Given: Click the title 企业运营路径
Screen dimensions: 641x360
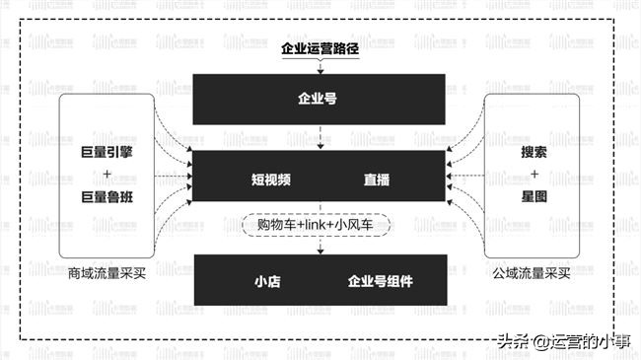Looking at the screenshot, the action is pos(319,46).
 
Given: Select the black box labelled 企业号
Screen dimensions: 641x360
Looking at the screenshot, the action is pos(319,99).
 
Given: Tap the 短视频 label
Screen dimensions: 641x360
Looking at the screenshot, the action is pos(269,180).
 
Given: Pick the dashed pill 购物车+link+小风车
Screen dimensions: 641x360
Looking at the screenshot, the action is pos(319,226).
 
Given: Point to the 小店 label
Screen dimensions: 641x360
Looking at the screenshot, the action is pos(267,281).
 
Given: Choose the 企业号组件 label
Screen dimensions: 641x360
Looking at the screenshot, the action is pos(380,281).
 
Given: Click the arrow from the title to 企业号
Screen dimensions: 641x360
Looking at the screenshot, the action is pos(319,65).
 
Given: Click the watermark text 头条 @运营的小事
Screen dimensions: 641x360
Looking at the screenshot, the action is pos(563,341).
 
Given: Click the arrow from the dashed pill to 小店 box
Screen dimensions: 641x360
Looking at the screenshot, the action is pos(319,246).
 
